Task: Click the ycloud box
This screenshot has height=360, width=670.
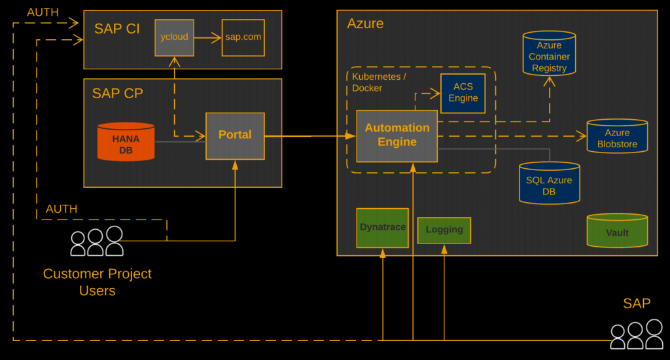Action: tap(174, 37)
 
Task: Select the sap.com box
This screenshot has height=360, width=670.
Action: tap(243, 37)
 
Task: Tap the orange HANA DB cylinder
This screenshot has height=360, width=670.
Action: tap(126, 142)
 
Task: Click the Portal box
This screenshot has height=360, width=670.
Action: tap(235, 135)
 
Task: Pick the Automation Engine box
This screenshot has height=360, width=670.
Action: tap(397, 135)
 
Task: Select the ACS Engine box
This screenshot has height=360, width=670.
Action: tap(463, 93)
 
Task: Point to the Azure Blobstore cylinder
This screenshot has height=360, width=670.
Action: tap(617, 137)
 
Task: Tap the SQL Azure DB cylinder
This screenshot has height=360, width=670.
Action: tap(549, 183)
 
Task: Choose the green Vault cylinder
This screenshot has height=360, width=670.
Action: tap(617, 231)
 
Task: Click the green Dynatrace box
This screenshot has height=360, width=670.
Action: tap(382, 228)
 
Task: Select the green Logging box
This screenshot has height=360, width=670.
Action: tap(444, 230)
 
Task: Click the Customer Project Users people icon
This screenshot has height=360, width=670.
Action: tap(97, 242)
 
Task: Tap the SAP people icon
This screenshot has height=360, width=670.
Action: tap(636, 334)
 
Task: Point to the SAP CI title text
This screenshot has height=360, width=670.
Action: tap(117, 29)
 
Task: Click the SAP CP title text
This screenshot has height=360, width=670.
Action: tap(117, 94)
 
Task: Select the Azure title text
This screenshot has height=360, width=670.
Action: tap(365, 24)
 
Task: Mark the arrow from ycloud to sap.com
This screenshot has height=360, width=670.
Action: tap(207, 38)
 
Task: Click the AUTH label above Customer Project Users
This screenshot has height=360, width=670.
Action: tap(62, 209)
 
